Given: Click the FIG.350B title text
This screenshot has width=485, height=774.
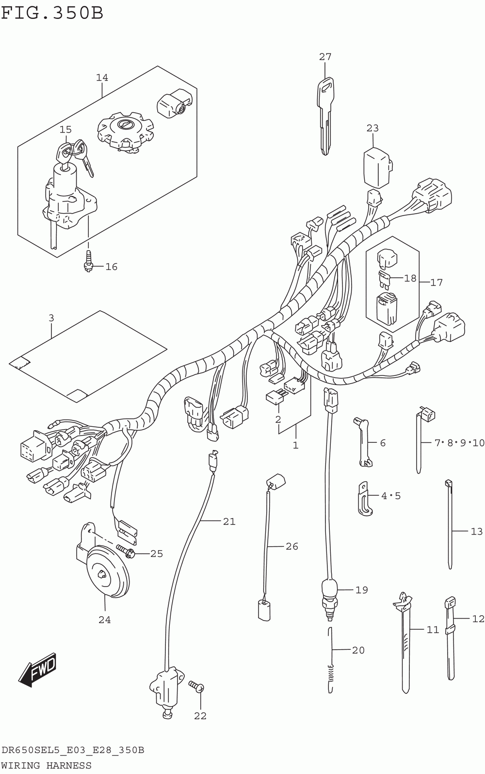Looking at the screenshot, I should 52,13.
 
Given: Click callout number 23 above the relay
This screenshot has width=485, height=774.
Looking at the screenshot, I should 372,128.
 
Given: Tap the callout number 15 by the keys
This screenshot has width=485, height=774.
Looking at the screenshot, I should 65,130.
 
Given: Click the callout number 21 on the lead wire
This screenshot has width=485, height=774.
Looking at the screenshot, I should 229,522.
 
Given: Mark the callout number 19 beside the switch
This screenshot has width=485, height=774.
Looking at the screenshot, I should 361,590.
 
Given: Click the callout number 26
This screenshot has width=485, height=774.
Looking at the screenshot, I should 291,546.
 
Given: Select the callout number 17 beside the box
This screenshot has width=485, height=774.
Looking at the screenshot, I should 436,282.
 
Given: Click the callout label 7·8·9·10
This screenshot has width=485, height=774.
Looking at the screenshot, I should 459,443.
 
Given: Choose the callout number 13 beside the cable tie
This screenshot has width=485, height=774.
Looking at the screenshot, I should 477,531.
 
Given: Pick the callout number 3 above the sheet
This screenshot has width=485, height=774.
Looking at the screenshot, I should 51,319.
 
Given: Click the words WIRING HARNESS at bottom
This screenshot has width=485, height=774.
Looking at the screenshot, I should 46,766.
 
